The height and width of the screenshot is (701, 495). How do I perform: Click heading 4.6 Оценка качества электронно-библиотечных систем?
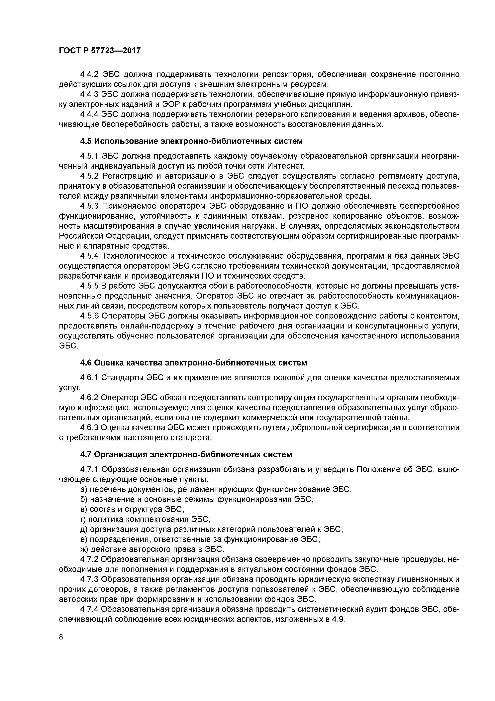click(193, 363)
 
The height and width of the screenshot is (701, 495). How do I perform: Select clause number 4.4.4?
click(89, 114)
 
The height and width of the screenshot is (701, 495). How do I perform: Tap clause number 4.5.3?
click(89, 206)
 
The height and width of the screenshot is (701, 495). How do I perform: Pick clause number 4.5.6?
click(89, 316)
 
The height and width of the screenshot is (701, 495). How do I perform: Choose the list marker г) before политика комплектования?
click(83, 519)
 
